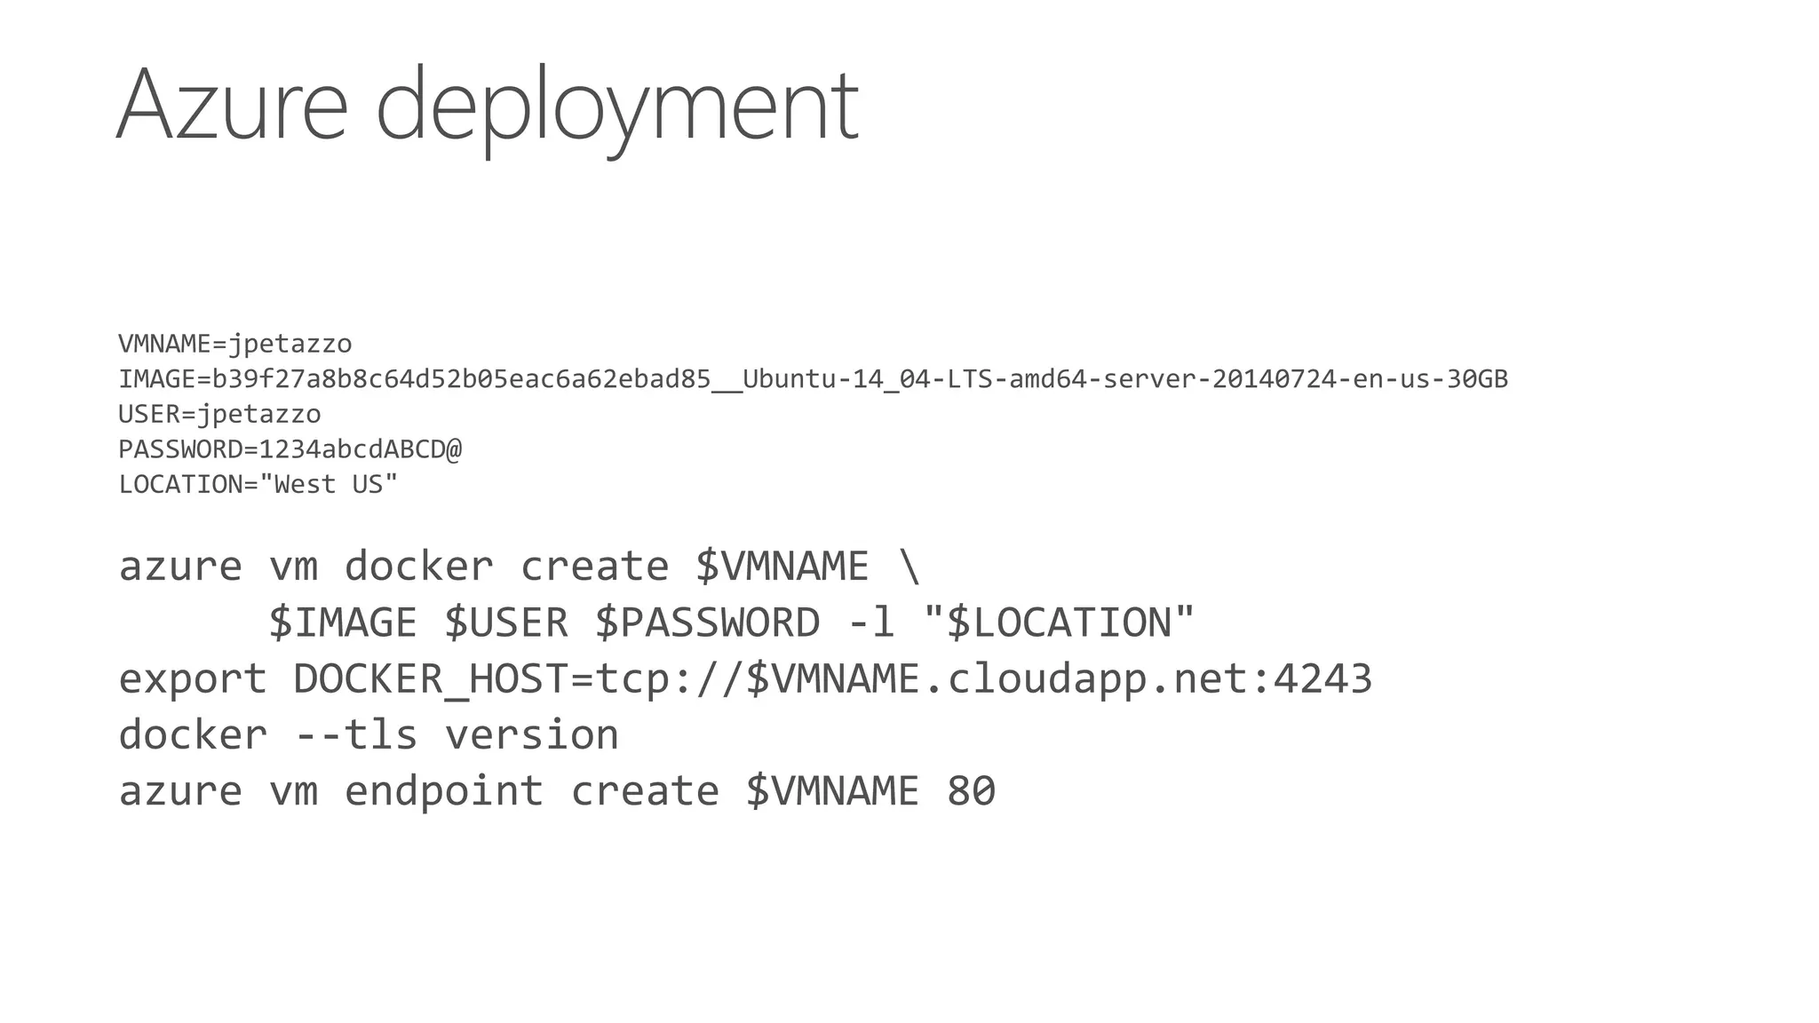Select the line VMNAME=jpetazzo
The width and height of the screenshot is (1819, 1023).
click(235, 344)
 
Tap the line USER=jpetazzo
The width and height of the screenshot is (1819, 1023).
click(219, 414)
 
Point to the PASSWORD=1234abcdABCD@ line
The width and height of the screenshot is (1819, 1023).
click(290, 449)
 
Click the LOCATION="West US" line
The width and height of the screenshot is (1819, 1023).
click(258, 485)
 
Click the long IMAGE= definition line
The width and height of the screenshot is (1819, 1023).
click(813, 379)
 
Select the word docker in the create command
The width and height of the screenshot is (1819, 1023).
click(418, 567)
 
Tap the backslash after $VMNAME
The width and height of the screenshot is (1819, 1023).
click(909, 567)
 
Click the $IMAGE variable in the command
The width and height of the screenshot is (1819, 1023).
click(343, 623)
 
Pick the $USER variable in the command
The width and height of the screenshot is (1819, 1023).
click(506, 623)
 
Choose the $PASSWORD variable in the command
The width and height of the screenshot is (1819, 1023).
click(707, 623)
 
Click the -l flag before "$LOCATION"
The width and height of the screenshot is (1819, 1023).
click(871, 623)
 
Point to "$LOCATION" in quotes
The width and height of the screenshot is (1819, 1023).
click(1060, 623)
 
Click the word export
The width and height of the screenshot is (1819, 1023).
click(193, 679)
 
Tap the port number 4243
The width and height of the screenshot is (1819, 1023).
click(1323, 679)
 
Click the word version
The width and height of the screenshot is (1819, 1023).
click(531, 735)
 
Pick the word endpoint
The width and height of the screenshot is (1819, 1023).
click(443, 791)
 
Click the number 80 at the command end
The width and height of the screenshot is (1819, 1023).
click(971, 791)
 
